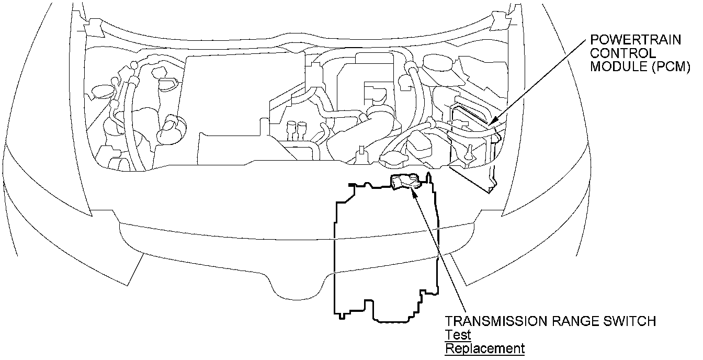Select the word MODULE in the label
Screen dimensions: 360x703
click(615, 66)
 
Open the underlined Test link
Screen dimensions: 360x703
click(458, 335)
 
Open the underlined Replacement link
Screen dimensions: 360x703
click(484, 348)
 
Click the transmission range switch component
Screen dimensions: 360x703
click(405, 182)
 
